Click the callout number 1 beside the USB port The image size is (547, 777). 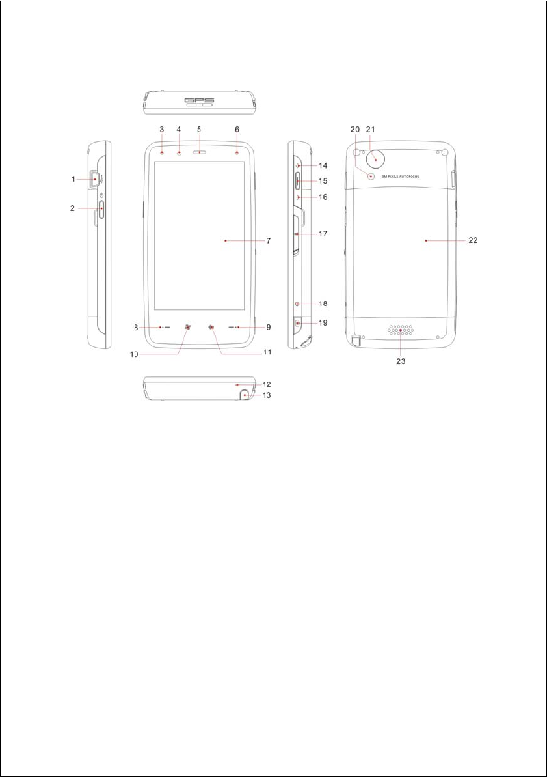73,179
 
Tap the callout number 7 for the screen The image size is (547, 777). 269,241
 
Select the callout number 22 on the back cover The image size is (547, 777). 473,240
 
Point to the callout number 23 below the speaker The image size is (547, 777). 401,361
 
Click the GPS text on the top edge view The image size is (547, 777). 200,100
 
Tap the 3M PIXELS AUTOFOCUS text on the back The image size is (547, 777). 401,177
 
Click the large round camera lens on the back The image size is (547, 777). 376,160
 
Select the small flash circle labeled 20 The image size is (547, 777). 371,176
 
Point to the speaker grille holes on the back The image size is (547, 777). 401,330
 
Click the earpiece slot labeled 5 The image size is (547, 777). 200,152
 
